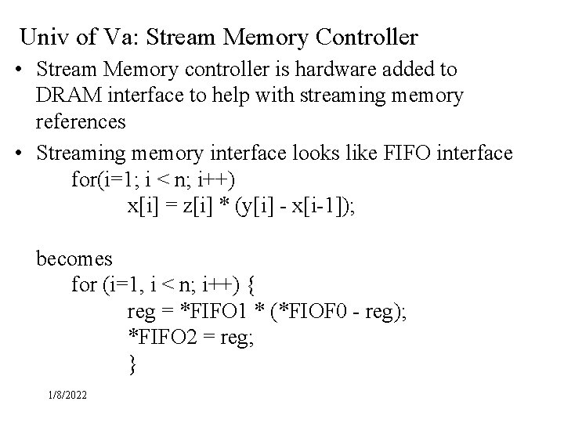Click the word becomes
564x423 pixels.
point(74,258)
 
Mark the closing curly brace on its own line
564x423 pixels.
point(132,363)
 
